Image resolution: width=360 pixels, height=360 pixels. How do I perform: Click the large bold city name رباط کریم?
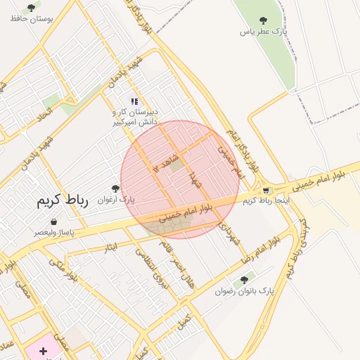(63, 200)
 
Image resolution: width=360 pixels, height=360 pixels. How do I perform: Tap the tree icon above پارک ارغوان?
(115, 188)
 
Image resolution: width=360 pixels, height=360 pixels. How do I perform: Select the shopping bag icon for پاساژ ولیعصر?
(54, 221)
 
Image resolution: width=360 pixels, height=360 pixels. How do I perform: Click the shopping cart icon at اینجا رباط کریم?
(266, 190)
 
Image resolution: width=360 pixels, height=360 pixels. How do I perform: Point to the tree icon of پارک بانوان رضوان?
(244, 280)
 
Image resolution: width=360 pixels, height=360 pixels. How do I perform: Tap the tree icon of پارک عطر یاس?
(264, 21)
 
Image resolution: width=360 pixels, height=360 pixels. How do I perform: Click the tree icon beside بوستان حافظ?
(31, 8)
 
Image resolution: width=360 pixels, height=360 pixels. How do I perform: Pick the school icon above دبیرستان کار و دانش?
(134, 101)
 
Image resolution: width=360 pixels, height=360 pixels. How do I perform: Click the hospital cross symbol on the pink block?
(43, 349)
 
